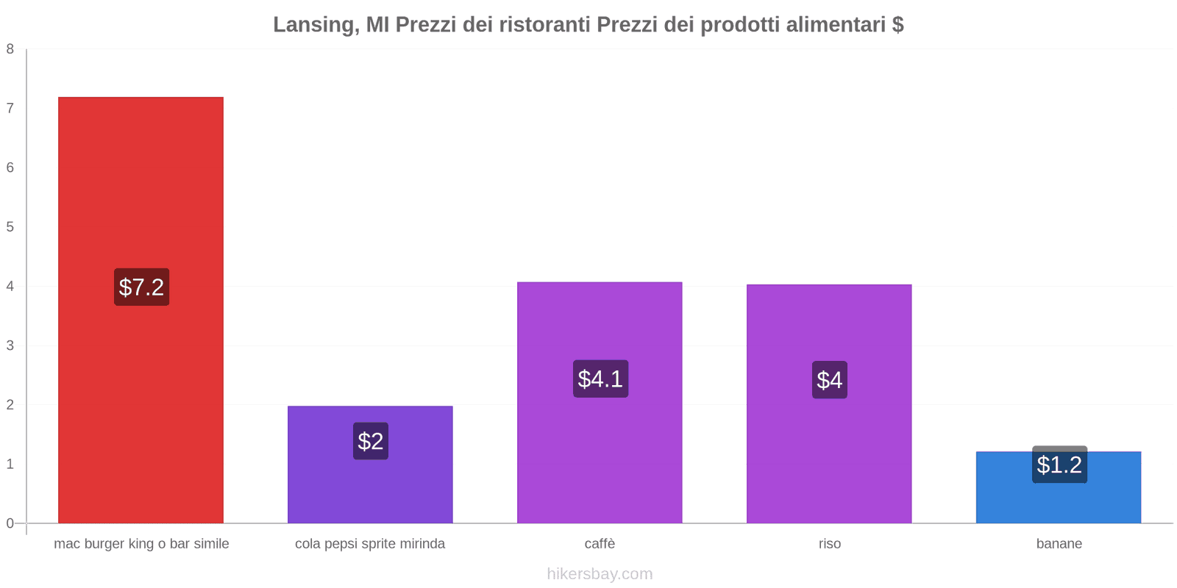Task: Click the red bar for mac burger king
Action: pyautogui.click(x=141, y=184)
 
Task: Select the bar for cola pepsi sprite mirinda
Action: pyautogui.click(x=370, y=485)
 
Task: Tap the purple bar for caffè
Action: pyautogui.click(x=600, y=456)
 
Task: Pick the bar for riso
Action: pyautogui.click(x=829, y=456)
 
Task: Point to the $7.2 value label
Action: pyautogui.click(x=141, y=287)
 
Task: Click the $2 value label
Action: pyautogui.click(x=370, y=441)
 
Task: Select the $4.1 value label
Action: pyautogui.click(x=600, y=379)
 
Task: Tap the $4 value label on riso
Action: pyautogui.click(x=829, y=380)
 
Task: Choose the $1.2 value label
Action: pyautogui.click(x=1059, y=465)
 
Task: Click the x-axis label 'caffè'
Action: pyautogui.click(x=600, y=544)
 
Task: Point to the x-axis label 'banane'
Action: pyautogui.click(x=1059, y=544)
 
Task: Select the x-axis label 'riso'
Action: pyautogui.click(x=829, y=544)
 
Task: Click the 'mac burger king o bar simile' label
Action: pyautogui.click(x=141, y=544)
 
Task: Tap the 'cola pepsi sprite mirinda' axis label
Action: pyautogui.click(x=370, y=544)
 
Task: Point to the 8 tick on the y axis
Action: pyautogui.click(x=10, y=49)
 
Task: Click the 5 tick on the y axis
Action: pyautogui.click(x=10, y=227)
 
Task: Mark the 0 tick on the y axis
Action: pyautogui.click(x=10, y=523)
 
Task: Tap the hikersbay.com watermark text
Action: pyautogui.click(x=600, y=574)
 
